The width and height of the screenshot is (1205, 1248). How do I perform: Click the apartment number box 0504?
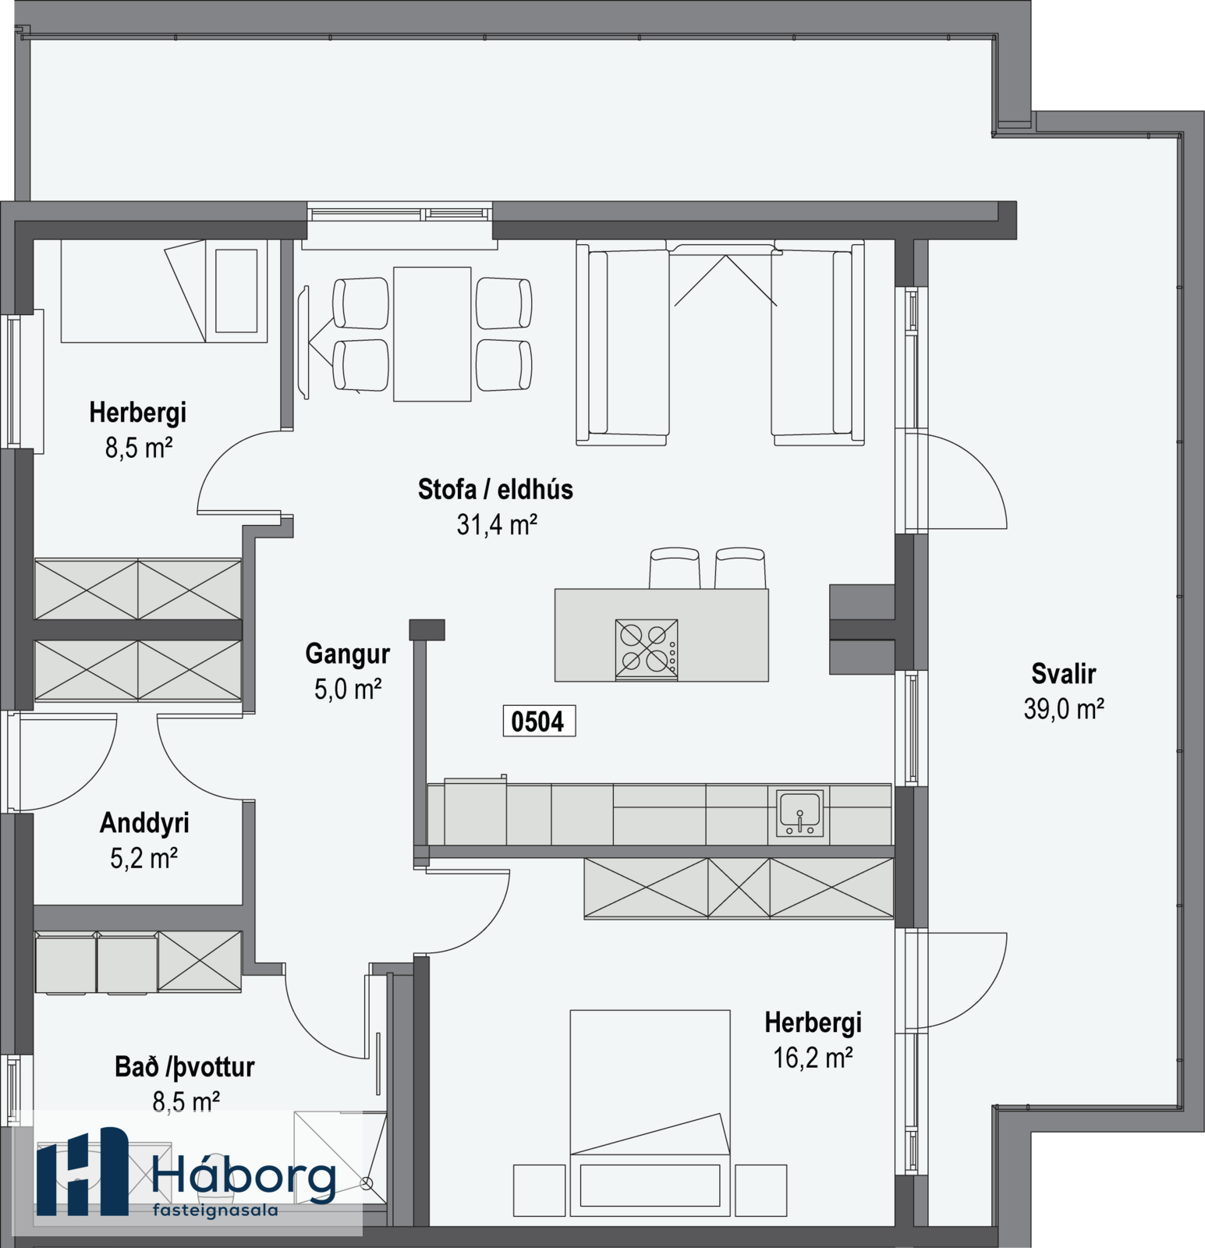pos(539,721)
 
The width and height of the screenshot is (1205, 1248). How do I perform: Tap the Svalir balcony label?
pos(1063,673)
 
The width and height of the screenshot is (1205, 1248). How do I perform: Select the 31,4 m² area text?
pos(497,524)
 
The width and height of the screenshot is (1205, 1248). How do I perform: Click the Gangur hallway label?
pos(347,654)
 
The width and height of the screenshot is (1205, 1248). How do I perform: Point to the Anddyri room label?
pos(144,824)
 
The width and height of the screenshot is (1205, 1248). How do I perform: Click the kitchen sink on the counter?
pos(799,813)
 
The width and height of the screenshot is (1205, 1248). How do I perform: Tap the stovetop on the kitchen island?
pos(647,649)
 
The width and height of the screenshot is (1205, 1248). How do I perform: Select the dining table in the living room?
pos(432,334)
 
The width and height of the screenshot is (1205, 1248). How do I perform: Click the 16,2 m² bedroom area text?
pos(813,1058)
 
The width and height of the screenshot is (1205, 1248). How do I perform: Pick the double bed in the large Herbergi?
pos(650,1113)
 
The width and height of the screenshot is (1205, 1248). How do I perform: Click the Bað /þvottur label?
pos(185,1067)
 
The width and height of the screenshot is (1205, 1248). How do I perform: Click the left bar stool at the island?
pos(675,568)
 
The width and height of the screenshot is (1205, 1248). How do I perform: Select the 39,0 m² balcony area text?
pos(1064,709)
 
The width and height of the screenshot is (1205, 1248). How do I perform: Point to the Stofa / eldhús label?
pos(495,489)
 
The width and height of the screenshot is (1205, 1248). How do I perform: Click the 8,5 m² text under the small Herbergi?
pos(139,448)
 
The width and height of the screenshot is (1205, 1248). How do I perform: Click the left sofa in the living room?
pos(622,343)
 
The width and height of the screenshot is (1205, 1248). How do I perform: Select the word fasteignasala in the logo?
pos(215,1211)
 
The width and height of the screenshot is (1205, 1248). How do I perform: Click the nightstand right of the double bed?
pos(760,1190)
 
